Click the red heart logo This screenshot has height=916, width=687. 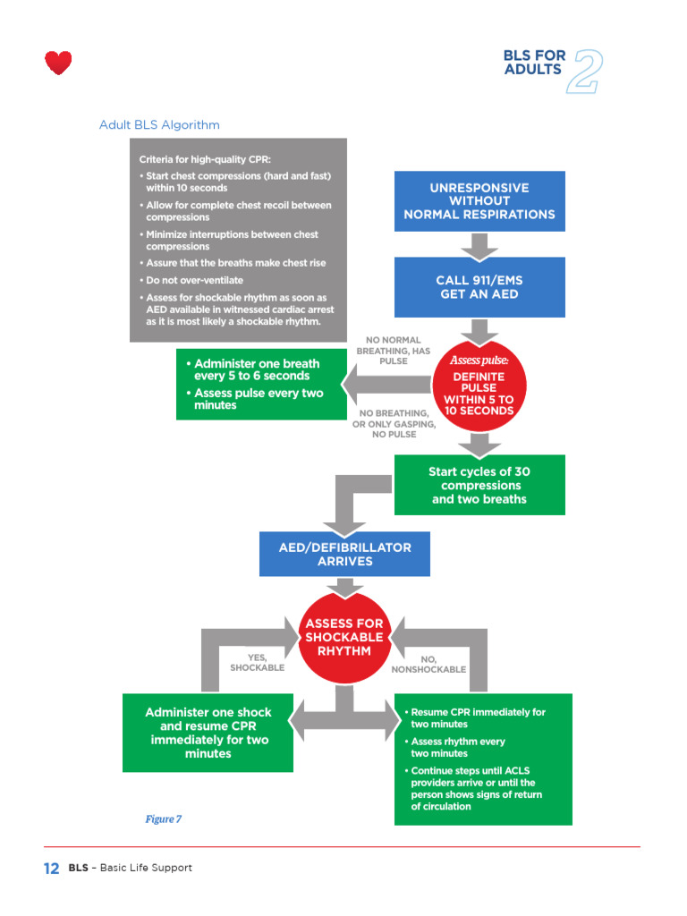coord(58,63)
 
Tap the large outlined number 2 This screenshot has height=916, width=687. coord(585,72)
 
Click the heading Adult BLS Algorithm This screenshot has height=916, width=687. coord(159,124)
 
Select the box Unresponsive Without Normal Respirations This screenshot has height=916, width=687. coord(479,201)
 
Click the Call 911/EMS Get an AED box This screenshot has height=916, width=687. coord(479,287)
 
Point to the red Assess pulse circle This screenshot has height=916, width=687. coord(479,386)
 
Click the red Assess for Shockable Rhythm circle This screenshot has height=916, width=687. coord(344,637)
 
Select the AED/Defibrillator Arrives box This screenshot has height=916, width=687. coord(344,555)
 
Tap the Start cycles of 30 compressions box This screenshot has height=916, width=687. coord(479,485)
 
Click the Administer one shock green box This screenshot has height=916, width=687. coord(208,733)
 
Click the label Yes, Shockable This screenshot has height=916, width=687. coord(257,663)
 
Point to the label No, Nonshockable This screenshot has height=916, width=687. coord(428,664)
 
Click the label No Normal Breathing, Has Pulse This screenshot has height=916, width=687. coord(394,351)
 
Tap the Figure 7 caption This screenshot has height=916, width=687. coord(164,819)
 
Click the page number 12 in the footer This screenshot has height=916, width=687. coord(51,868)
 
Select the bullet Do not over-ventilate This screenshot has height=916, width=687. coord(194,280)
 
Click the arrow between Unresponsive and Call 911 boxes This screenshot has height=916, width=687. coord(479,244)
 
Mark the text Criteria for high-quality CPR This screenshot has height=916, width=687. coord(210,158)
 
